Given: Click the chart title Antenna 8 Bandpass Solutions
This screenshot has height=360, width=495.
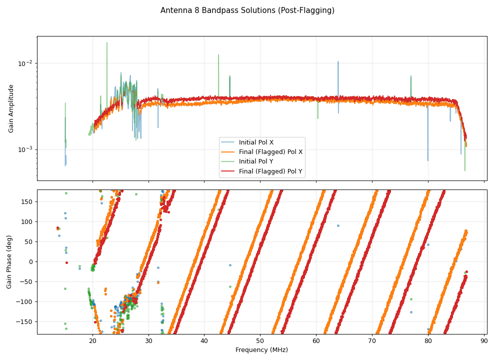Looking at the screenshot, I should point(247,10).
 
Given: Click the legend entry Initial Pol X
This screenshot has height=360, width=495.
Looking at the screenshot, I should point(256,142).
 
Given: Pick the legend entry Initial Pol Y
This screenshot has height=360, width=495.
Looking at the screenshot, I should point(256,161).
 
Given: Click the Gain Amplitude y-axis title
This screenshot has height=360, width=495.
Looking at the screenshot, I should point(11,108).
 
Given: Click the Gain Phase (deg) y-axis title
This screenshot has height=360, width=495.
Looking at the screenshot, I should point(9,262).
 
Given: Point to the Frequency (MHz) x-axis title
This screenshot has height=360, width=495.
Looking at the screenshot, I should point(261,350).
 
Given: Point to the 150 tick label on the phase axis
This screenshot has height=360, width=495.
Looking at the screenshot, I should point(27,201).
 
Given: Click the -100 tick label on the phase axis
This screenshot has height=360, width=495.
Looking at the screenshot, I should point(25,301).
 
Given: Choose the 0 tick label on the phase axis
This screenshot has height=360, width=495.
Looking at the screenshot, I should point(31,261).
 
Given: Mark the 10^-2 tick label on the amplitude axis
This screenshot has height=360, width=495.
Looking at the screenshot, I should point(25,63).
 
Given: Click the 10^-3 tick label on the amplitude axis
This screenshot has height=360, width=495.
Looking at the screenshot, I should point(25,149).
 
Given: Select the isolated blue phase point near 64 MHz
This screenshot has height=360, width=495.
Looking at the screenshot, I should point(338,225).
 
